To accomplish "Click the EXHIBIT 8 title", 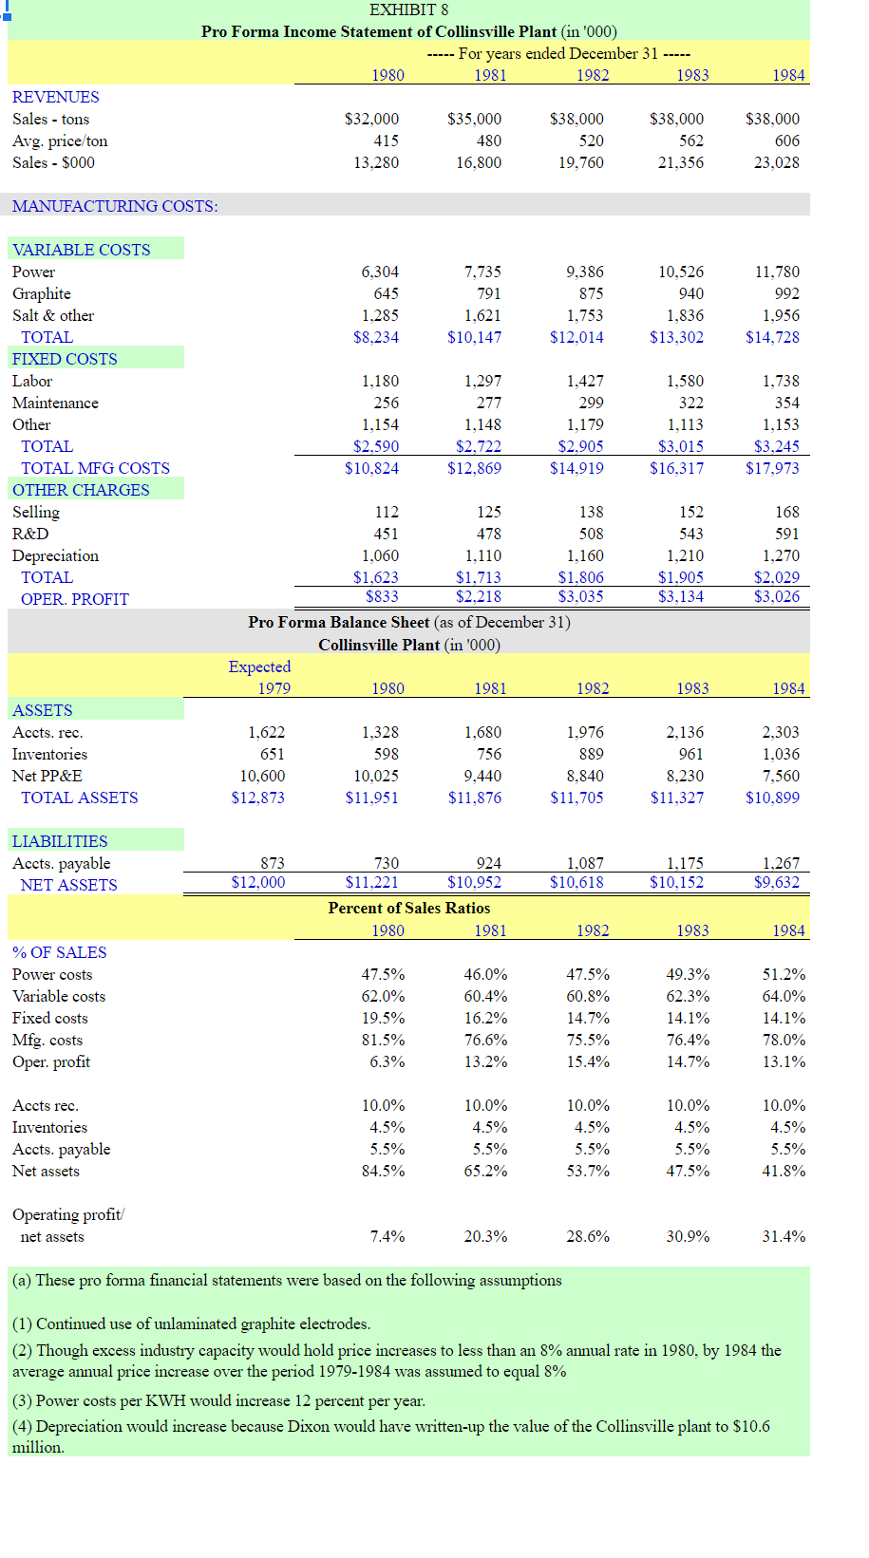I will (x=408, y=9).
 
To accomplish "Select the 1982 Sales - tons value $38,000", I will (x=576, y=119).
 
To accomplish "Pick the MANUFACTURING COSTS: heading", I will (x=115, y=206).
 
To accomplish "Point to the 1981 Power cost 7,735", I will (x=482, y=272).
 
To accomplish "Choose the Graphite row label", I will (x=42, y=293).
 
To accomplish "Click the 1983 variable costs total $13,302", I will (x=676, y=337).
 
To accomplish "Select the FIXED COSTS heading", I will (x=65, y=359).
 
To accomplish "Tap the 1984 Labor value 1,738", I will (x=781, y=381).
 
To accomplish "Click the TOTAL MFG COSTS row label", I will (x=95, y=468).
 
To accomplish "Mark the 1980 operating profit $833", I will (x=382, y=596).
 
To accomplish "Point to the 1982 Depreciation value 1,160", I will (x=585, y=555).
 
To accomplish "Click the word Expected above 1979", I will (x=259, y=666).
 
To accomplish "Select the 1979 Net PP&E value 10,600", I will (x=262, y=776).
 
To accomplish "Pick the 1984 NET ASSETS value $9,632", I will (x=776, y=882).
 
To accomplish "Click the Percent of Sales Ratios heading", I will (x=409, y=908).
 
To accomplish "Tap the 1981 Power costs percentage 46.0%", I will (x=485, y=974).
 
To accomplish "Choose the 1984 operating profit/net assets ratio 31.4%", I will (x=784, y=1236).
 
